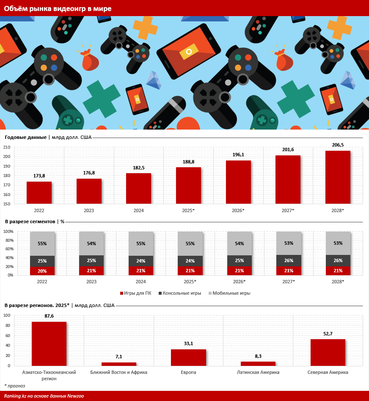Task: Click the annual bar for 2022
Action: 39,193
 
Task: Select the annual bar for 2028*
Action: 338,177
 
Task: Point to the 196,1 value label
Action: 238,155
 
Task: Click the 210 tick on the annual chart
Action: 6,147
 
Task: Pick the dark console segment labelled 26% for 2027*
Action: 289,260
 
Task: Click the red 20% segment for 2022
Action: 42,271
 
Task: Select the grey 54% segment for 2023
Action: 91,243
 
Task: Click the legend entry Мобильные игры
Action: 231,293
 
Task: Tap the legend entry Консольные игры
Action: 181,293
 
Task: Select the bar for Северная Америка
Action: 328,352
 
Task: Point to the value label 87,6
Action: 49,316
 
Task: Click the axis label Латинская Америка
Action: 258,372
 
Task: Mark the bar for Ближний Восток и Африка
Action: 119,364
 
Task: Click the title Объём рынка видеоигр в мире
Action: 58,8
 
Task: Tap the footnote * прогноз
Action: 15,386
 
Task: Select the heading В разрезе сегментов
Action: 30,221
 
